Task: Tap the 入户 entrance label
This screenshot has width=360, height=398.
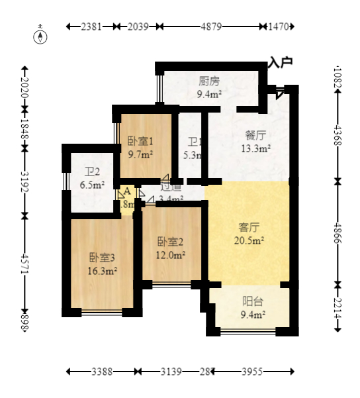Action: click(x=281, y=62)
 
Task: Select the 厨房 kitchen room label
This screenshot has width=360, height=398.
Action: click(x=209, y=87)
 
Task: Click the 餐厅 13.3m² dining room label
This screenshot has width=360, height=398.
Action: click(x=255, y=142)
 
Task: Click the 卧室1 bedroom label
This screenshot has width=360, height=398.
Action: click(x=140, y=147)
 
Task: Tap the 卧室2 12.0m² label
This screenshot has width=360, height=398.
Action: click(x=171, y=247)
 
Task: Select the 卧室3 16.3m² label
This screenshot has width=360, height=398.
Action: click(x=103, y=264)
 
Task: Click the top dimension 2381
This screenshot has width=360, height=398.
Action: click(x=91, y=26)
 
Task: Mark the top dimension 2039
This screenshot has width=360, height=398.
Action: click(x=138, y=26)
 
